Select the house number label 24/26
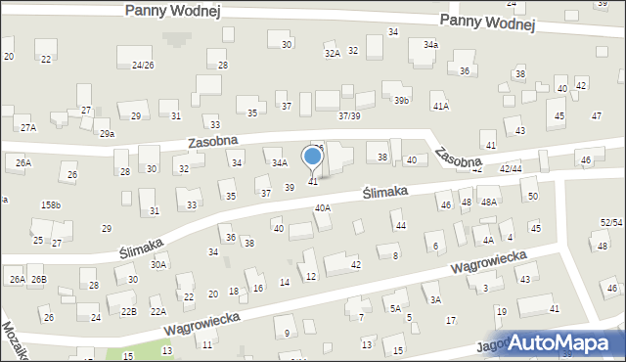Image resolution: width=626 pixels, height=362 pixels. [143, 65]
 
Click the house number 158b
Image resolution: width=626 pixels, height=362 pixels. [50, 205]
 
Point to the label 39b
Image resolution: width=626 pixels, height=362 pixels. [401, 101]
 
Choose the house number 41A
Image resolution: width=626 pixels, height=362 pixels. [440, 106]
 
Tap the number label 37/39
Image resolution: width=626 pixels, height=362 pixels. [349, 116]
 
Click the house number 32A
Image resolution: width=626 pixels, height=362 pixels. [332, 53]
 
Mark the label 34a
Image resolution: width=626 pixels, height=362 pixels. [430, 45]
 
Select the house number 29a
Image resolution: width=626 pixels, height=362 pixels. [107, 134]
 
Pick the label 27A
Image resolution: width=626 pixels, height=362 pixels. [27, 128]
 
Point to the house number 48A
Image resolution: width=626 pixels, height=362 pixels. [489, 203]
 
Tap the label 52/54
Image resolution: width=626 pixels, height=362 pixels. [611, 224]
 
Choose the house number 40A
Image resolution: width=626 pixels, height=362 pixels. [322, 208]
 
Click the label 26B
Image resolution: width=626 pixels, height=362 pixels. [38, 280]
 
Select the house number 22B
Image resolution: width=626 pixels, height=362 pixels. [128, 311]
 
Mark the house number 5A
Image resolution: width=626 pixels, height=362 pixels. [395, 308]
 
